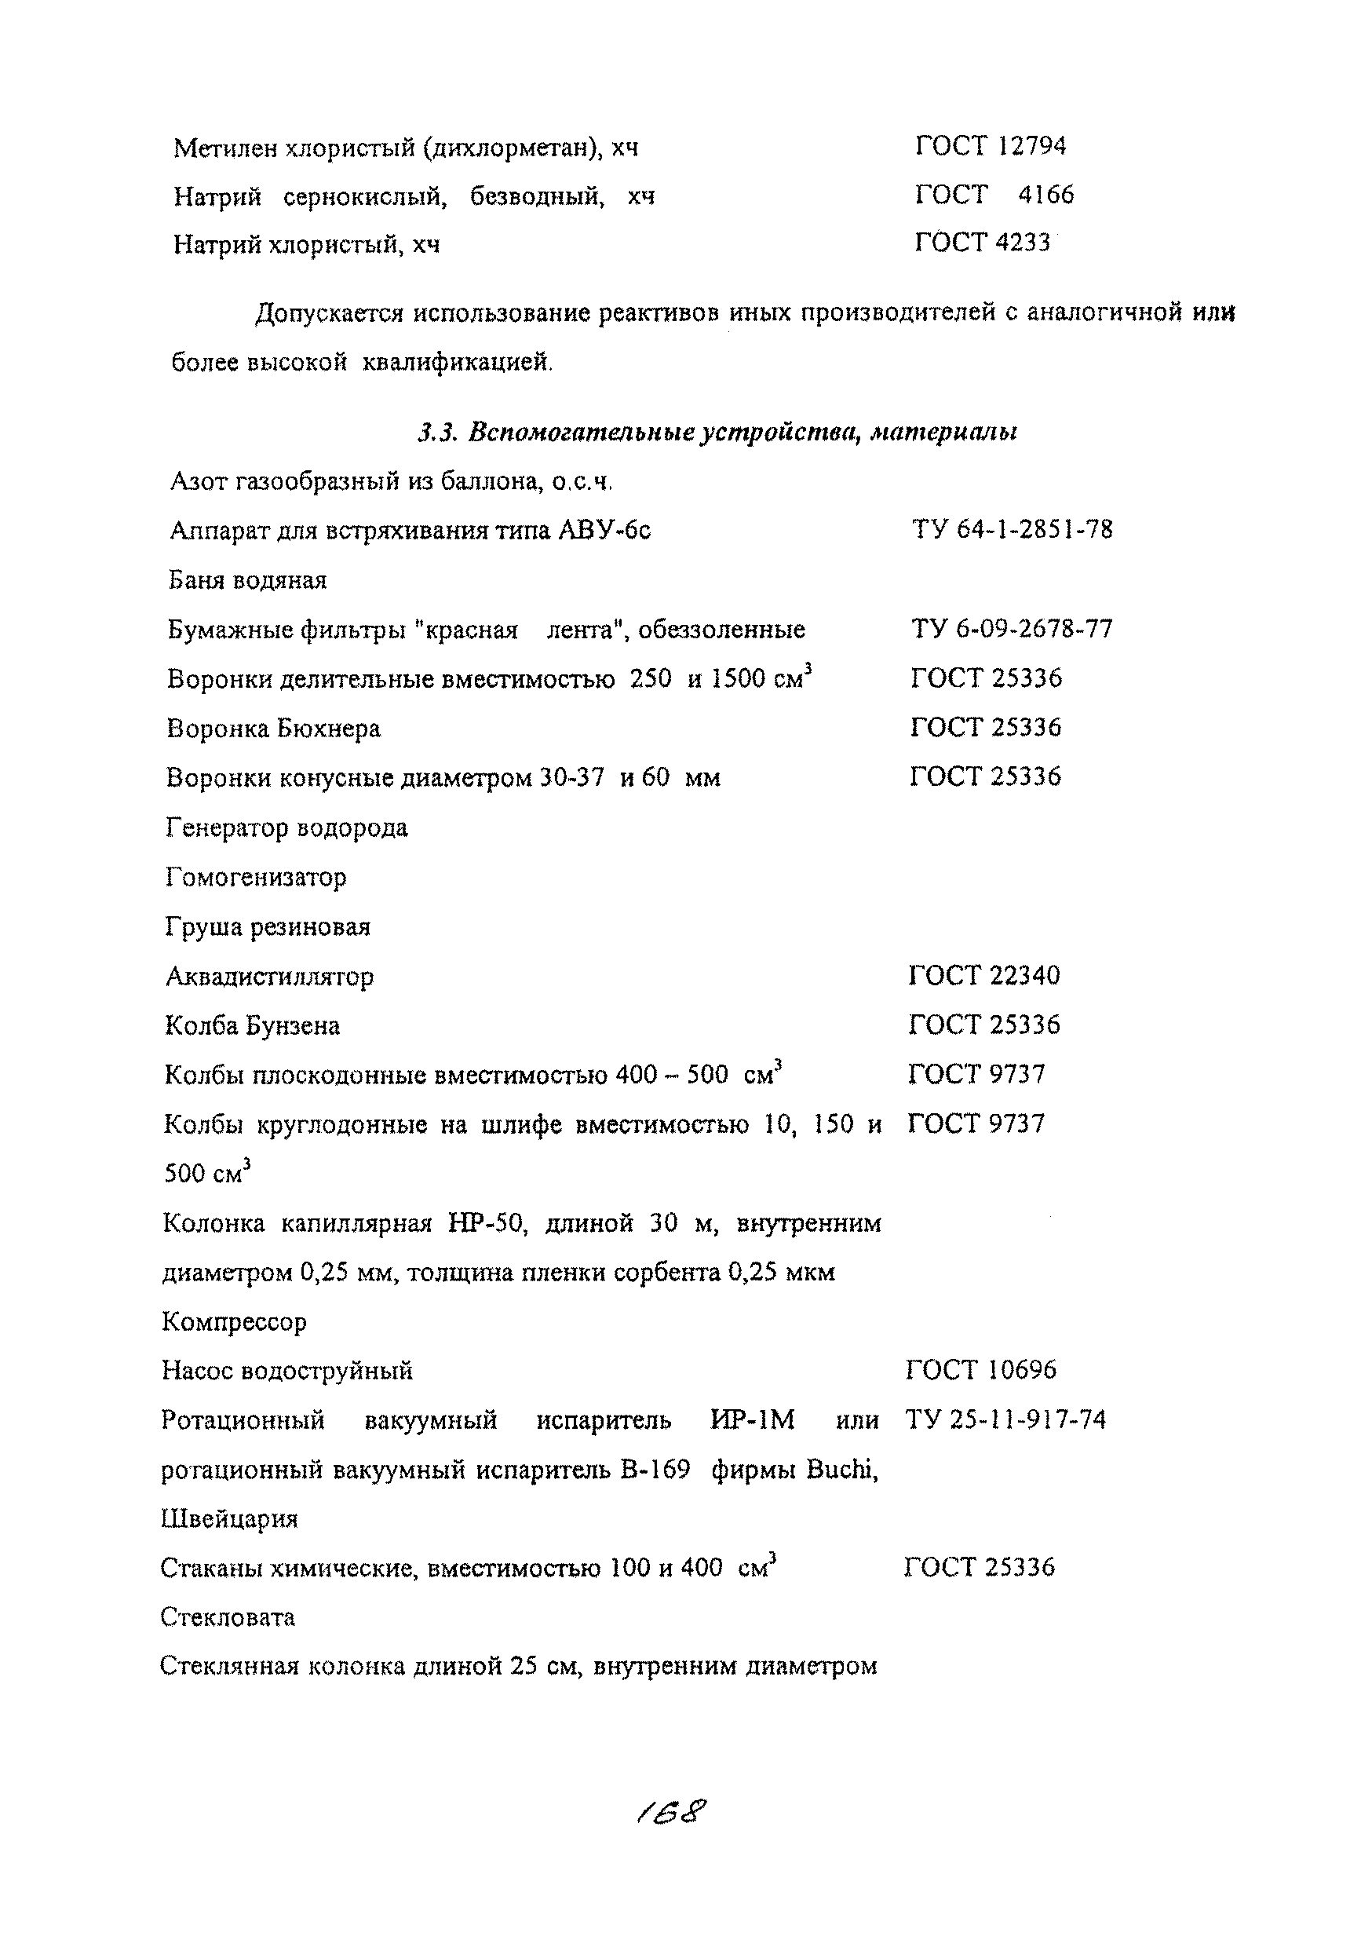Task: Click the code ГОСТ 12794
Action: [x=990, y=147]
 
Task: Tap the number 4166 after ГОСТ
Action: [x=1045, y=195]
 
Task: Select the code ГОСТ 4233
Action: [x=982, y=243]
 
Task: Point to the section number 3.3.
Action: [x=437, y=433]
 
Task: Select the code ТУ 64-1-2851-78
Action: [x=1012, y=530]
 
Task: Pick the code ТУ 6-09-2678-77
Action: [x=1011, y=629]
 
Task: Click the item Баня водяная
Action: [x=247, y=581]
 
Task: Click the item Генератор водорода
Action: [x=286, y=827]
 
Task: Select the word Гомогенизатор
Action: [x=256, y=877]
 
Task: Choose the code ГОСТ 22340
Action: [x=983, y=975]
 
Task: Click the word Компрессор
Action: [x=234, y=1322]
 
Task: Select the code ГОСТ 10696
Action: [x=981, y=1371]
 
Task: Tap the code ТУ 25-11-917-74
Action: [x=1005, y=1419]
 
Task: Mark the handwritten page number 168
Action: [x=671, y=1813]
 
